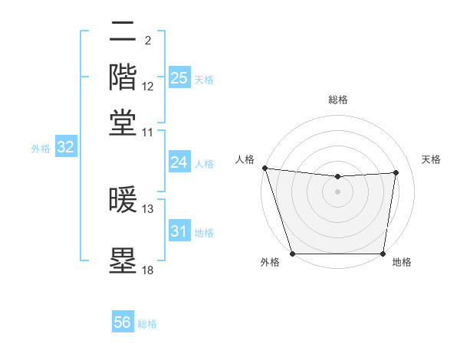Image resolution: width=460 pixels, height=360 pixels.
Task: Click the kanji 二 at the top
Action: point(123,32)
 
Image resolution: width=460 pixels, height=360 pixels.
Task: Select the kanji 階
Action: point(123,77)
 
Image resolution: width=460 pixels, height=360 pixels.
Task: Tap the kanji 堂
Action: point(123,123)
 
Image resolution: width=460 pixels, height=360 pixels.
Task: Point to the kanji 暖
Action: point(123,200)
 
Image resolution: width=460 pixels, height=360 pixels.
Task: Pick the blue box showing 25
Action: point(179,78)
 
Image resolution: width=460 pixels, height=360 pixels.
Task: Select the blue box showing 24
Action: point(179,162)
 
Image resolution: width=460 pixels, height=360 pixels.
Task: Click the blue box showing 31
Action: point(179,231)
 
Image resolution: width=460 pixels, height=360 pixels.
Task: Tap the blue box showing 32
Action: point(65,148)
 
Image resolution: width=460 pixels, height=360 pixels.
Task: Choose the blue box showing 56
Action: point(123,322)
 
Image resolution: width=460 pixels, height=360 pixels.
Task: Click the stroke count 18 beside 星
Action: point(148,270)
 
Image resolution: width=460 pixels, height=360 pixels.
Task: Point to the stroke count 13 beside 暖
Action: point(148,208)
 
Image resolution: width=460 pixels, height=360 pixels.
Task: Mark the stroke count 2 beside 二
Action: point(147,40)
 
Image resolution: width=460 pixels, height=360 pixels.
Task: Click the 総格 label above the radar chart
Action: point(338,100)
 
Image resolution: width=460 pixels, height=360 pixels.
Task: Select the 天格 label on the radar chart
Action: point(432,159)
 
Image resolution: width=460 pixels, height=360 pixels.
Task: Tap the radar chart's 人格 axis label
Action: point(245,159)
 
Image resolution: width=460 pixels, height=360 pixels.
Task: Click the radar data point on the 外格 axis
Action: point(292,254)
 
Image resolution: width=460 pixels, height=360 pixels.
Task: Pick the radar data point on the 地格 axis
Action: point(383,254)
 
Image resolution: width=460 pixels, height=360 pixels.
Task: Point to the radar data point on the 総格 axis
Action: point(338,177)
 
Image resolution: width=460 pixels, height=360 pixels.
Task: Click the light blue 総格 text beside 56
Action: point(147,324)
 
